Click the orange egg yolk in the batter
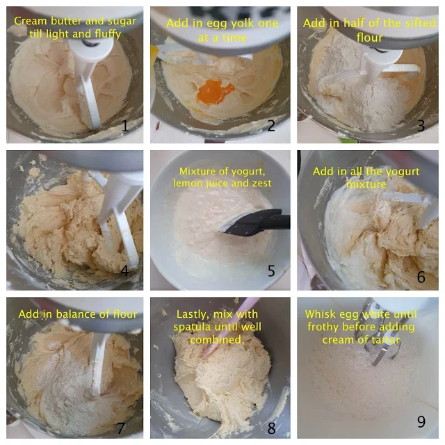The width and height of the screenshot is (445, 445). (215, 91)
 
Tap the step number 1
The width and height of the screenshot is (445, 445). (125, 126)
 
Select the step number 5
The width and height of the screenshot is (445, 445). (271, 271)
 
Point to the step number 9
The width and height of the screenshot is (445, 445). (421, 421)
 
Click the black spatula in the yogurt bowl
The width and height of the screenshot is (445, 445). (255, 223)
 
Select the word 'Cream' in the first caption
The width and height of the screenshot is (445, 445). (31, 22)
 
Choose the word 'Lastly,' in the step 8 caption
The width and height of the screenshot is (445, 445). (192, 315)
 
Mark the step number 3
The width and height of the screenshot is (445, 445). (421, 126)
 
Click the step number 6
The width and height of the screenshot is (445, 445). (421, 277)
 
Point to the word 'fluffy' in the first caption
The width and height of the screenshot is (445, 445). (108, 34)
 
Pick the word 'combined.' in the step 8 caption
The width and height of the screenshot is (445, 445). (217, 340)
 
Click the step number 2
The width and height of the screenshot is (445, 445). (271, 126)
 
